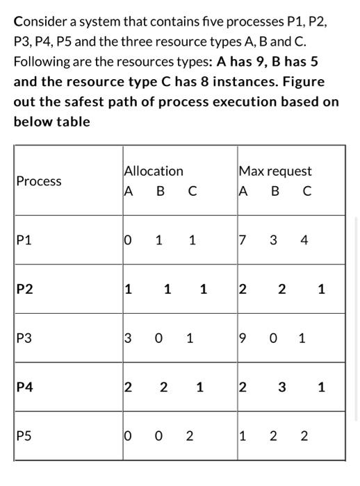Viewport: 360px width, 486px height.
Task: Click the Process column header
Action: pyautogui.click(x=39, y=181)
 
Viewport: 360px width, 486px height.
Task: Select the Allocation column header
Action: pyautogui.click(x=154, y=171)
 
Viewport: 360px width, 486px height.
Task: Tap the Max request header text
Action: pyautogui.click(x=275, y=171)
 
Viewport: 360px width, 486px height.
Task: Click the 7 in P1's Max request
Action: pyautogui.click(x=242, y=241)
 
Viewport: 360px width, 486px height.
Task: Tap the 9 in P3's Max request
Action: pyautogui.click(x=242, y=340)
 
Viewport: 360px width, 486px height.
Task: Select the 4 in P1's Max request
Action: pyautogui.click(x=304, y=241)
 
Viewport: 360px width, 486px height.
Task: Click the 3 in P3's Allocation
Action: pyautogui.click(x=127, y=340)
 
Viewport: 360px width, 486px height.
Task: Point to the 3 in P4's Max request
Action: pyautogui.click(x=281, y=388)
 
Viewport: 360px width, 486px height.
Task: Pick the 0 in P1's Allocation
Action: pyautogui.click(x=127, y=241)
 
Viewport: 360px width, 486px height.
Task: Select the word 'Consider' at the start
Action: pyautogui.click(x=40, y=22)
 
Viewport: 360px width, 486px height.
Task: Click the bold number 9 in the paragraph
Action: pyautogui.click(x=257, y=62)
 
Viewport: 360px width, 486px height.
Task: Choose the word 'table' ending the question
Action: pyautogui.click(x=73, y=121)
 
